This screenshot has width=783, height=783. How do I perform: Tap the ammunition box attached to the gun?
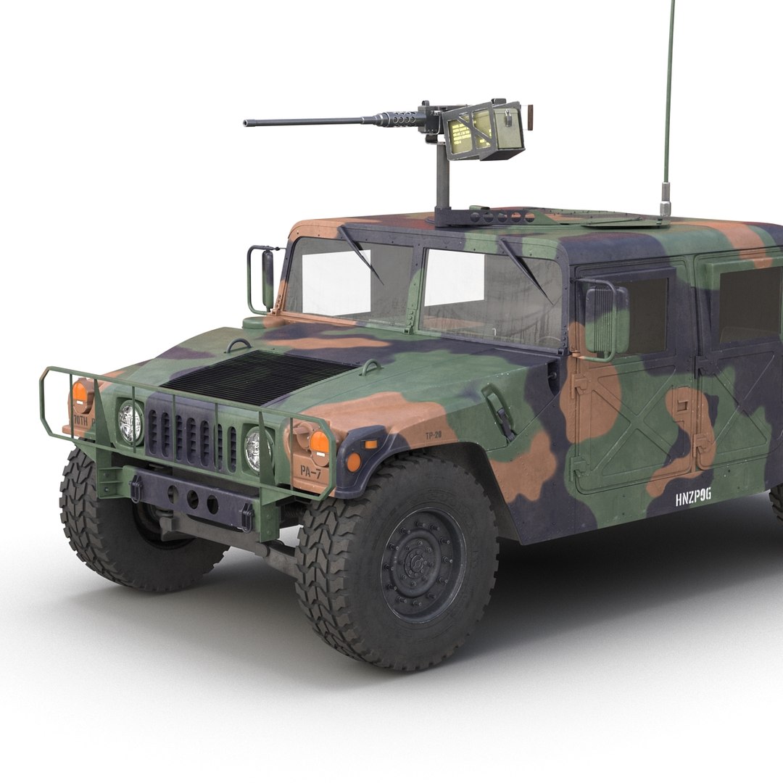(484, 133)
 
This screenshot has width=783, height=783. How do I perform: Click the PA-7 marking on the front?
(310, 471)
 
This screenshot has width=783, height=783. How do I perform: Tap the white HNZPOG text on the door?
(693, 497)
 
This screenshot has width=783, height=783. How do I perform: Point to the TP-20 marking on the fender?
(434, 436)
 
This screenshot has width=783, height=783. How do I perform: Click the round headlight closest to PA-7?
(254, 449)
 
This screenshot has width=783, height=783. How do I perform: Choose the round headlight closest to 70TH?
(130, 422)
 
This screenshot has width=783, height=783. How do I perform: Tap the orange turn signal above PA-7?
(318, 442)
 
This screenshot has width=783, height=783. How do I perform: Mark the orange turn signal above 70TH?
(80, 393)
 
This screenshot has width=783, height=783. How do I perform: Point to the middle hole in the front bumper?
(192, 499)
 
